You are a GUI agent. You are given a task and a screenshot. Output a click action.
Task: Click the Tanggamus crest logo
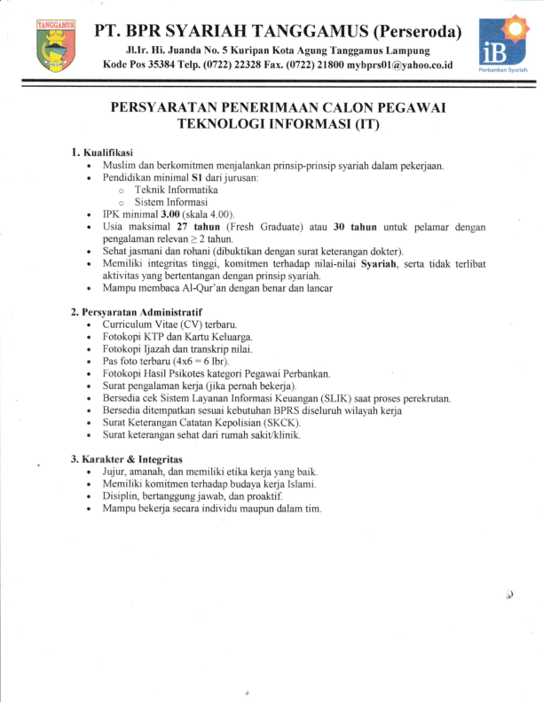pyautogui.click(x=56, y=45)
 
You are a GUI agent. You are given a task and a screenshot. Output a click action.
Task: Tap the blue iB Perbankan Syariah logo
pyautogui.click(x=500, y=46)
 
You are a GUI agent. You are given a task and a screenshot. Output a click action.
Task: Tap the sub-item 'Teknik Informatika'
pyautogui.click(x=176, y=190)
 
